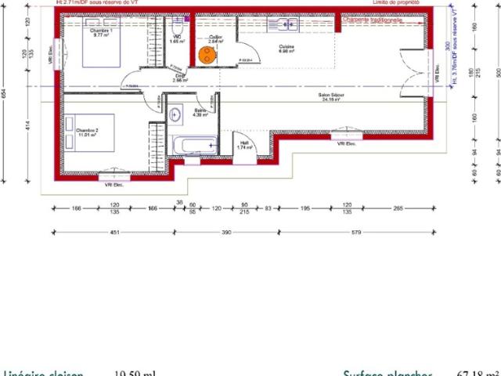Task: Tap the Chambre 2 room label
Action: (x=86, y=132)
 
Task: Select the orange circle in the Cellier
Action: (x=207, y=54)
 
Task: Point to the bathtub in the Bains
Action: (x=193, y=146)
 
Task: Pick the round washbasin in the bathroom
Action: (x=175, y=114)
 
